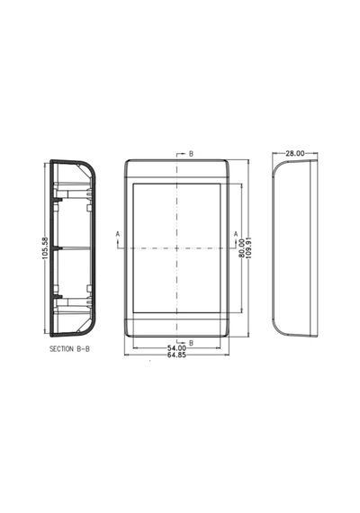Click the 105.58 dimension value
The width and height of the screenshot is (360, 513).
pyautogui.click(x=45, y=248)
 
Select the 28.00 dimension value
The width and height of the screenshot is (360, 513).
pyautogui.click(x=295, y=153)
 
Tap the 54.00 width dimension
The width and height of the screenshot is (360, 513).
pyautogui.click(x=176, y=348)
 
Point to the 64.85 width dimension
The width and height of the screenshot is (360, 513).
pyautogui.click(x=176, y=355)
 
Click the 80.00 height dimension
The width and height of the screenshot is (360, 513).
pyautogui.click(x=242, y=248)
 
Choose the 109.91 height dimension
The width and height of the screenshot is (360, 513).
pyautogui.click(x=248, y=248)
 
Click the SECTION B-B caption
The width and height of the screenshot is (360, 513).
pyautogui.click(x=69, y=349)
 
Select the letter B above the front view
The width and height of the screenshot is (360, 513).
pyautogui.click(x=191, y=154)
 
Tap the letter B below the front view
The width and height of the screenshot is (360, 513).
pyautogui.click(x=191, y=343)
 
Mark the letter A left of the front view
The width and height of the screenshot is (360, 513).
pyautogui.click(x=118, y=234)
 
